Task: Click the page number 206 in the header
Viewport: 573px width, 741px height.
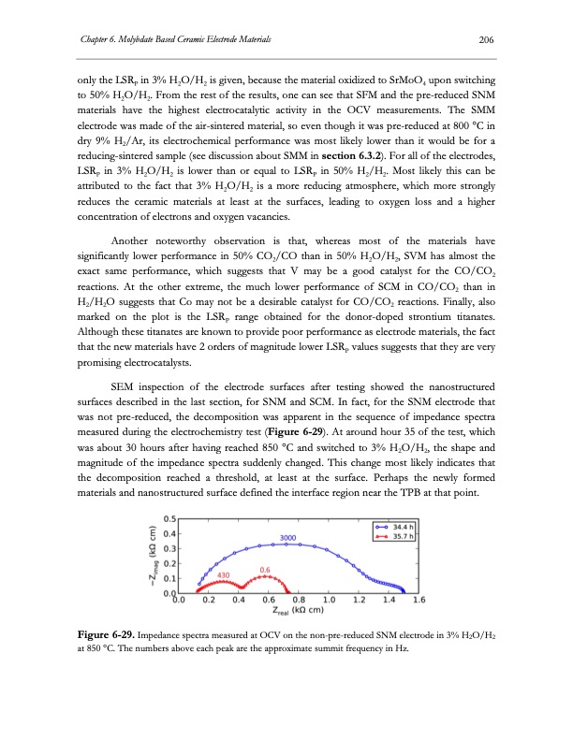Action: (485, 37)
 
